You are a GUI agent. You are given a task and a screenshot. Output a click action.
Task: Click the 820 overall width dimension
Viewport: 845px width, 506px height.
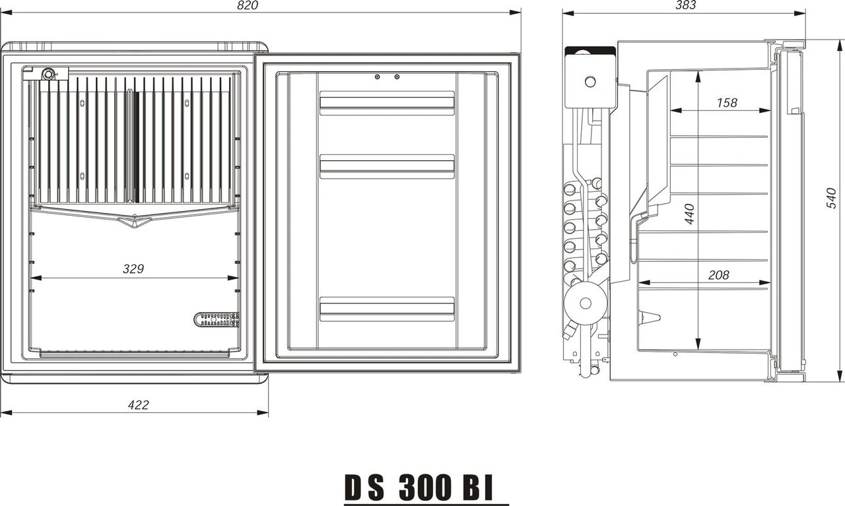(247, 5)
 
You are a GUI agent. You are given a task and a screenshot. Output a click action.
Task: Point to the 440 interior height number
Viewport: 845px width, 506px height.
(689, 214)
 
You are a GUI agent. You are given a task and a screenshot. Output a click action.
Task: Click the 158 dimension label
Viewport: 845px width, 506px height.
(726, 103)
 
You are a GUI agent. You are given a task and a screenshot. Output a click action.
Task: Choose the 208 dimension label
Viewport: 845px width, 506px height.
(718, 275)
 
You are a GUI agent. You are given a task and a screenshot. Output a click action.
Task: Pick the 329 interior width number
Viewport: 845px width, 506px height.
(133, 269)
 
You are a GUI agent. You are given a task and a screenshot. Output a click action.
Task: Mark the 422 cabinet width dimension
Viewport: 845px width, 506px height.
(138, 405)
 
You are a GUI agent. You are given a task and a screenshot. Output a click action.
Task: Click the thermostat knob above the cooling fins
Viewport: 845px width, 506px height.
(48, 74)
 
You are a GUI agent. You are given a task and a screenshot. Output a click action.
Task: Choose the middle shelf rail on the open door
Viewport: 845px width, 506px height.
(387, 166)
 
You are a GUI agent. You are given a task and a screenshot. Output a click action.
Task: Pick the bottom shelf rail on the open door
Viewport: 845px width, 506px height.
(387, 309)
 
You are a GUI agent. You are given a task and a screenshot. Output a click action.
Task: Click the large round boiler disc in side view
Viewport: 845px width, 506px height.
(585, 303)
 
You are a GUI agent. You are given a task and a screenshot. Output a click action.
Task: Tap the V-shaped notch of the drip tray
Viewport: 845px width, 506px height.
(134, 222)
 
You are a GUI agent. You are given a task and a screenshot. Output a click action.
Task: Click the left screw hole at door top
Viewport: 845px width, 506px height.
(377, 77)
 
